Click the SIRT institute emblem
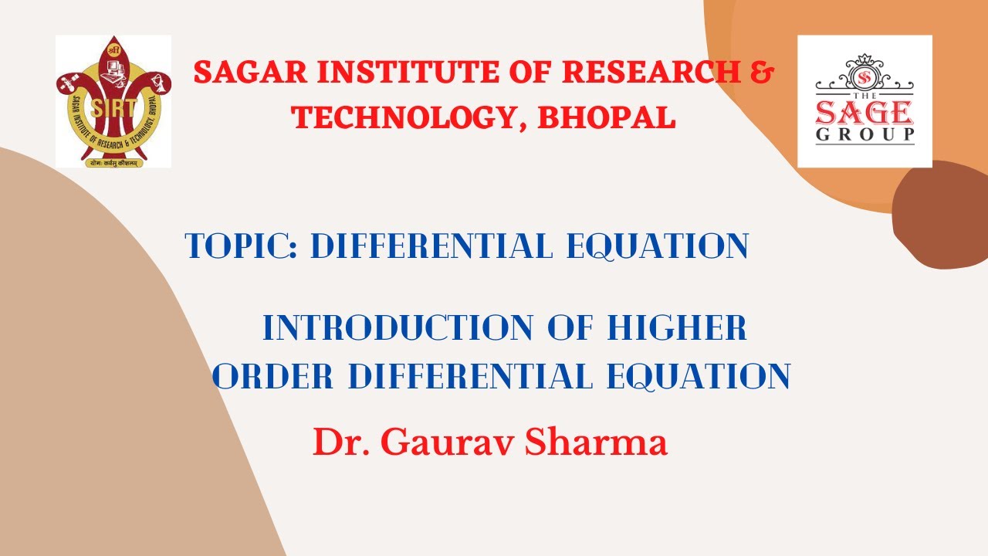click(113, 100)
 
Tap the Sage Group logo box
click(864, 100)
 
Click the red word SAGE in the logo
click(864, 113)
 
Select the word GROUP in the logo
click(864, 135)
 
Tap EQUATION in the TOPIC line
click(658, 246)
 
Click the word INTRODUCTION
click(398, 328)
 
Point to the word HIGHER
click(677, 328)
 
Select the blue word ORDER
click(276, 377)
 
